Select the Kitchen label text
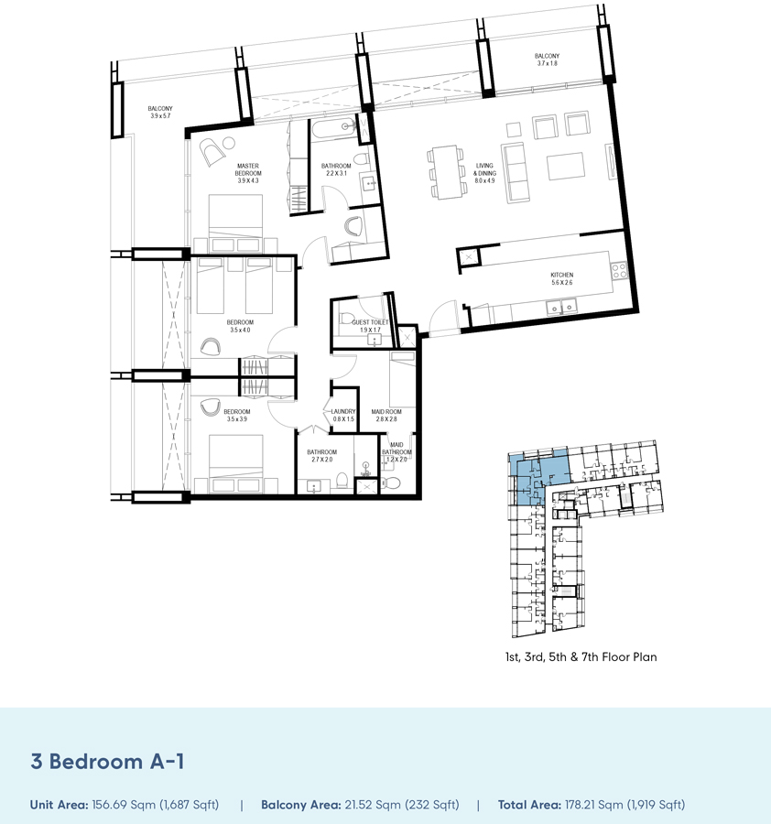561,278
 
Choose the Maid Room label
386,417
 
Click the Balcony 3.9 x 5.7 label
160,113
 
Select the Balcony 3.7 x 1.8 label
547,60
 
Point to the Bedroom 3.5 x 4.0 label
240,327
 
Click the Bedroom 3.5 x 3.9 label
236,416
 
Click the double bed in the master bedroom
235,219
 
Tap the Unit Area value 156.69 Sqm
155,805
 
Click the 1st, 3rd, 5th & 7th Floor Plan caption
581,656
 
